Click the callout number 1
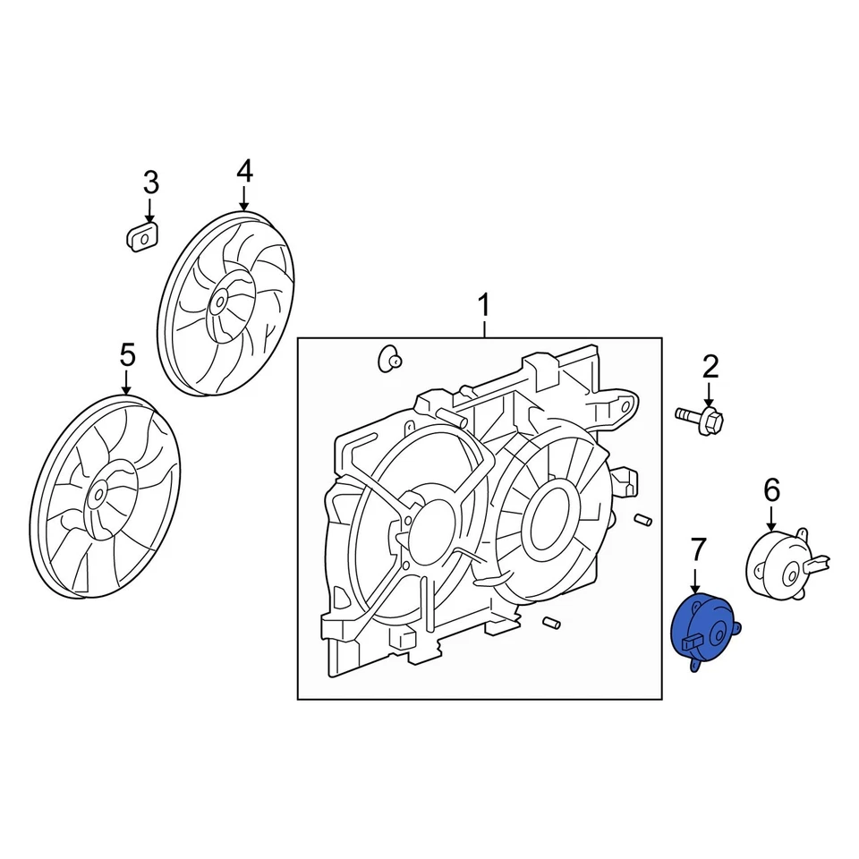[483, 306]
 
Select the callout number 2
[710, 365]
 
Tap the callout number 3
[150, 183]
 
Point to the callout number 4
[244, 170]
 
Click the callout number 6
[771, 489]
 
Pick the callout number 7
[698, 549]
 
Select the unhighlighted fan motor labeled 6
[777, 561]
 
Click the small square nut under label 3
[141, 239]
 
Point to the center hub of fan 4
[217, 302]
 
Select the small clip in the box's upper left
[390, 360]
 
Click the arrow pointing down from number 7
[698, 577]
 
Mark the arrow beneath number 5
[126, 381]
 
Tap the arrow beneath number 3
[150, 211]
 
